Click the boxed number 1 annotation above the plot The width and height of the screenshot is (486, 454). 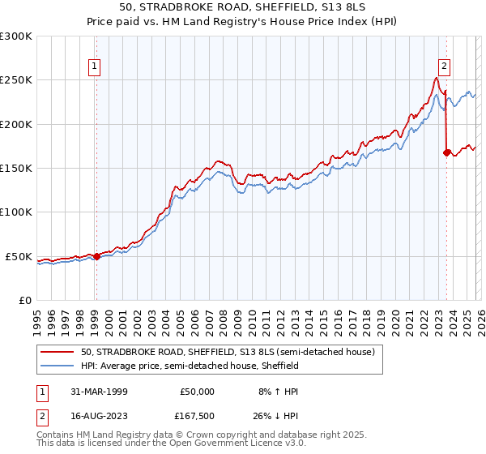tap(96, 67)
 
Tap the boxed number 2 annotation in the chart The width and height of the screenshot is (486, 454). tap(446, 67)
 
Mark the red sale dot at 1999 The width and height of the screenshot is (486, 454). tap(96, 256)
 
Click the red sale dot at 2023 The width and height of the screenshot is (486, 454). tap(446, 152)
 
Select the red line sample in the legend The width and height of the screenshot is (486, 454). tap(58, 353)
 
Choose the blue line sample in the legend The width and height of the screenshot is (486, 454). tap(58, 366)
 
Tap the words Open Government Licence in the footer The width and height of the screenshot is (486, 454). tap(237, 444)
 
